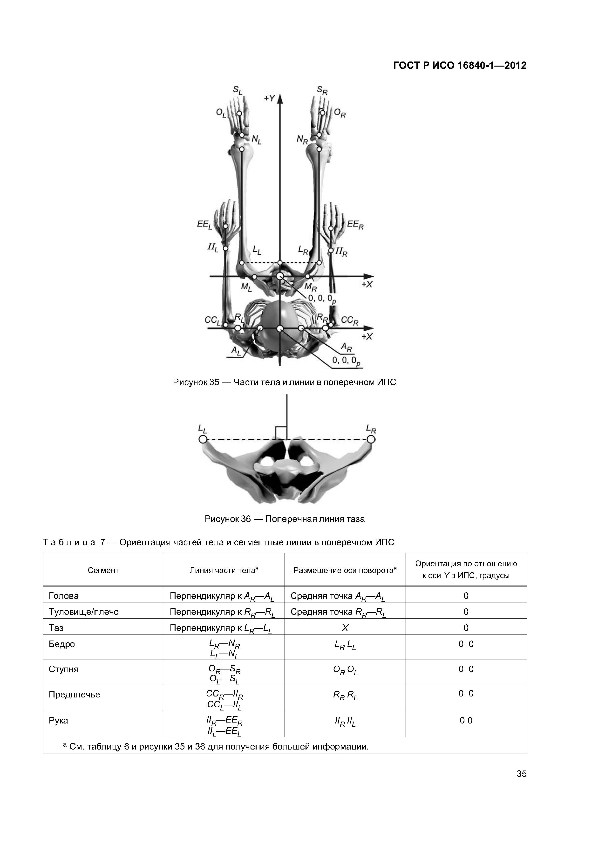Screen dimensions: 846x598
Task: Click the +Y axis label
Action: tap(270, 98)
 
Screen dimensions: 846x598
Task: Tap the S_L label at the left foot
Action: tap(238, 90)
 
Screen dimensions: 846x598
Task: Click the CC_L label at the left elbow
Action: tap(213, 321)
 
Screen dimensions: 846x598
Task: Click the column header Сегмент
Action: tap(103, 570)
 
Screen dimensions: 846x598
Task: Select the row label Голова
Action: tap(64, 596)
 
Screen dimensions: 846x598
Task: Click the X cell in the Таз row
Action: tap(345, 628)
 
